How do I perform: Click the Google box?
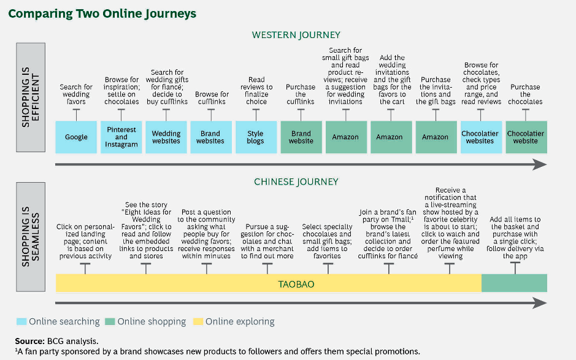click(x=76, y=137)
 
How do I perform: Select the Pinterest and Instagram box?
click(x=121, y=137)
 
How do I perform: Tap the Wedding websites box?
click(x=166, y=137)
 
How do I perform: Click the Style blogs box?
click(x=255, y=137)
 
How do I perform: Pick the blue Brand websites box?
click(x=210, y=137)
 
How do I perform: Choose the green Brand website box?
click(x=301, y=137)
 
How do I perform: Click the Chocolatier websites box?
click(x=480, y=137)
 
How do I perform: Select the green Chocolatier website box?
click(x=525, y=137)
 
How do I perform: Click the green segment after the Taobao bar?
click(x=514, y=283)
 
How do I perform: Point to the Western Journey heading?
click(x=296, y=35)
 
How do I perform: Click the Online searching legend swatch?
click(x=21, y=321)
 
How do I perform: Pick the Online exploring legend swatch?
click(x=198, y=321)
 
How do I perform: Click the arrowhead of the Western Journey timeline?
click(x=539, y=164)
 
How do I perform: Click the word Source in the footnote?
click(x=29, y=340)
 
